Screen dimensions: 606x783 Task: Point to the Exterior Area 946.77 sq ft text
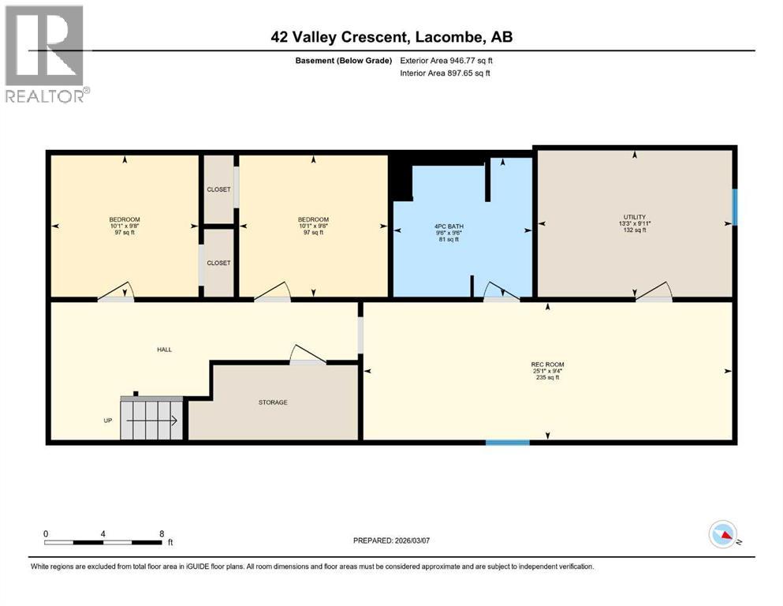point(446,60)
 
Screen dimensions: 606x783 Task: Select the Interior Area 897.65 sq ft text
point(446,73)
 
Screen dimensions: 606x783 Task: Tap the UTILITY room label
point(634,217)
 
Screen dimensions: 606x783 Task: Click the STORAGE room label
point(273,402)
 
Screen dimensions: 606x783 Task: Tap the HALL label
point(164,350)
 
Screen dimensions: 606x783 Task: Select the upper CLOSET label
point(218,189)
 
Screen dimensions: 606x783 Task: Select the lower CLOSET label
point(218,263)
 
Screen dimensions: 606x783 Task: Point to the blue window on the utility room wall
point(735,207)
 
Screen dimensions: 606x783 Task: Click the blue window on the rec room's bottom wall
point(507,443)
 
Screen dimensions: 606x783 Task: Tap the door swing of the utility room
point(654,292)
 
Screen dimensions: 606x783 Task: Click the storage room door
point(308,354)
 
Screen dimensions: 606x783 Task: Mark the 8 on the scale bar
point(162,533)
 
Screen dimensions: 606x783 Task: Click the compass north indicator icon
point(722,535)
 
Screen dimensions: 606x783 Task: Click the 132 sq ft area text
point(634,230)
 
